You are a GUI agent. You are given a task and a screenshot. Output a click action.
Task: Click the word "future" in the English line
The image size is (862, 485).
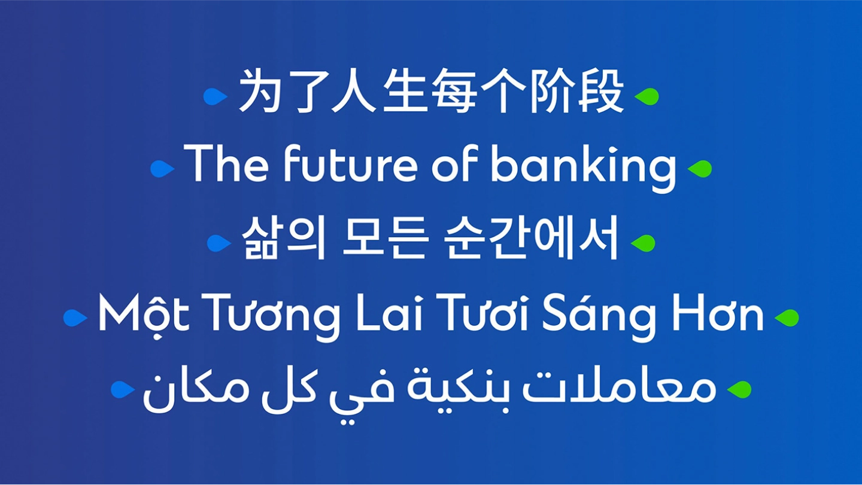tap(350, 163)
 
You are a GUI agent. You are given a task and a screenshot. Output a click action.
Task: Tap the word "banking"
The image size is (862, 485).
tap(584, 168)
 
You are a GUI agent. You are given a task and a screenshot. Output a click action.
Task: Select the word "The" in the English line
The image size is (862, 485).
tap(226, 163)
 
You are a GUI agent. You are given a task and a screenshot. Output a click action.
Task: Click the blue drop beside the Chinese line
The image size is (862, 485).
tap(215, 96)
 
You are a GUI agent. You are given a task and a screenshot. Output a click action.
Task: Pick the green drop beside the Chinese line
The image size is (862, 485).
tap(646, 96)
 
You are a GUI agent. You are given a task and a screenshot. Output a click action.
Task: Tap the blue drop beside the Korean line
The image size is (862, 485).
tap(219, 243)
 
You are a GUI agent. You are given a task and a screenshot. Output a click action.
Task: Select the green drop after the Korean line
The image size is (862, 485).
tap(643, 243)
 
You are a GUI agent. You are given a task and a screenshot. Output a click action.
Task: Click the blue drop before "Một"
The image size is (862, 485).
tap(75, 318)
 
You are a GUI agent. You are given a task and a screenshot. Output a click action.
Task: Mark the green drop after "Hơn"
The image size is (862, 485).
tap(787, 318)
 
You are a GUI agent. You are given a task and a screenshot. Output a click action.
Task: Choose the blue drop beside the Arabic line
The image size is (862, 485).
tap(123, 390)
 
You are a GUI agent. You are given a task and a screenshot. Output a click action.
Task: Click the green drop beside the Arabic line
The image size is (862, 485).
tap(739, 390)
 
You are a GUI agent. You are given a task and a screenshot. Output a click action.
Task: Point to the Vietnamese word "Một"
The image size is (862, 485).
tap(144, 316)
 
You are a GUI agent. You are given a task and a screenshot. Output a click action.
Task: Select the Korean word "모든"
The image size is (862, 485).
tap(386, 238)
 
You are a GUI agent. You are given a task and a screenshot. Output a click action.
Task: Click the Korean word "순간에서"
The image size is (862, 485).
tap(532, 238)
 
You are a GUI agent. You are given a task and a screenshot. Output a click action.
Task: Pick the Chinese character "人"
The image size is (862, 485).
tap(354, 91)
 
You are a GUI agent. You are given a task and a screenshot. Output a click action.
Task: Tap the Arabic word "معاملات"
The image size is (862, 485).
tap(619, 388)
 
